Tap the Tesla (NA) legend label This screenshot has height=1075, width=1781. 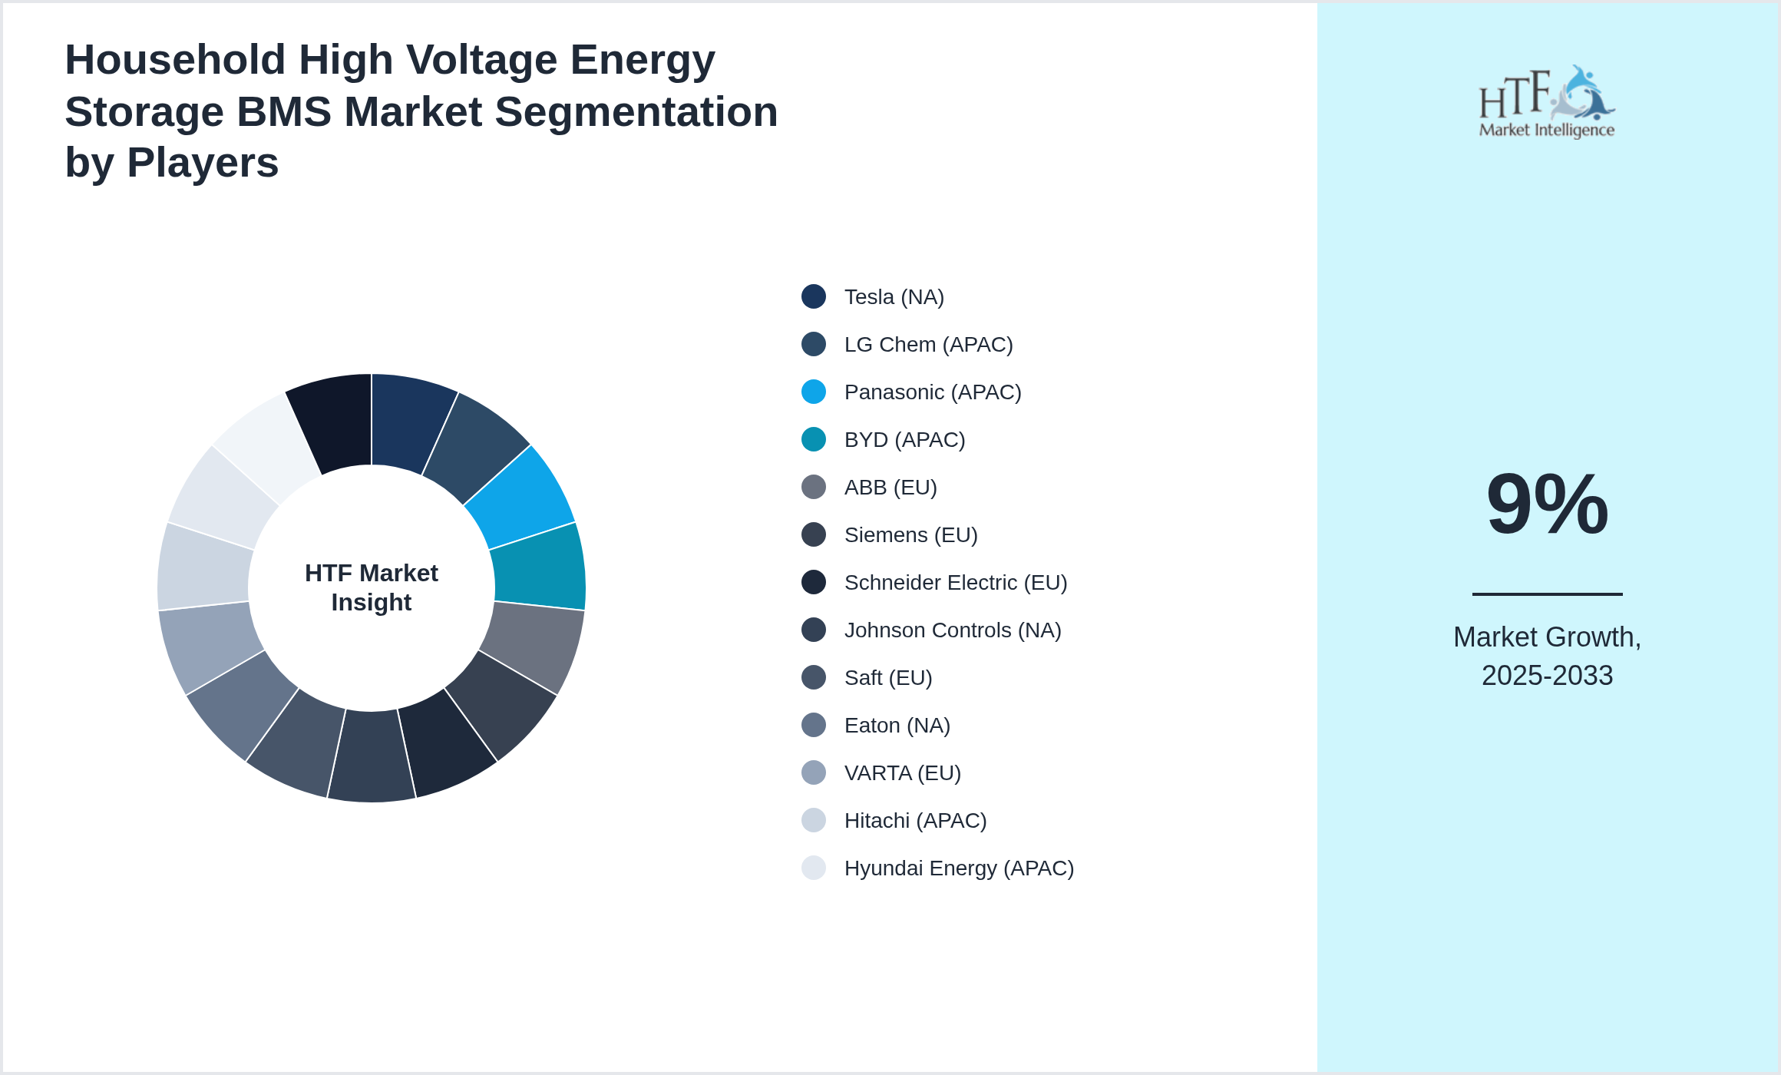tap(894, 297)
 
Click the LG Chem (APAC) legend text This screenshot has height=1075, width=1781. tap(928, 345)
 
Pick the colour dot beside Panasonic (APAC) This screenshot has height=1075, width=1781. tap(814, 392)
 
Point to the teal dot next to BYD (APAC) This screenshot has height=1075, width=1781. tap(814, 439)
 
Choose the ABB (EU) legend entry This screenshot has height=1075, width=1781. tap(890, 488)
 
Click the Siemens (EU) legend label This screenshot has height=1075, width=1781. tap(910, 535)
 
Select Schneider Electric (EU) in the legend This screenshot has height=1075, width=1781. tap(955, 583)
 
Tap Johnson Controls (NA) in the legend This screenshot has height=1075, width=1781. tap(952, 630)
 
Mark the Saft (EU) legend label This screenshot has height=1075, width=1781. tap(888, 678)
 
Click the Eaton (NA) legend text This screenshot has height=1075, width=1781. tap(897, 726)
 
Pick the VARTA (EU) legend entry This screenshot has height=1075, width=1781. tap(902, 773)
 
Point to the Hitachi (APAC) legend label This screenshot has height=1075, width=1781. tap(915, 821)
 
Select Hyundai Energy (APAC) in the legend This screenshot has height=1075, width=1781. tap(958, 868)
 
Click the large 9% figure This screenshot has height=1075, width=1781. tap(1547, 504)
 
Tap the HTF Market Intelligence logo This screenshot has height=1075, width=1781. tap(1547, 102)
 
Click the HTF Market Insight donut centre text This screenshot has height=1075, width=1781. tap(372, 587)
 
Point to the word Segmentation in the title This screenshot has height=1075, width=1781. tap(637, 112)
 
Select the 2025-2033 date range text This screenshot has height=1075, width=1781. tap(1547, 676)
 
